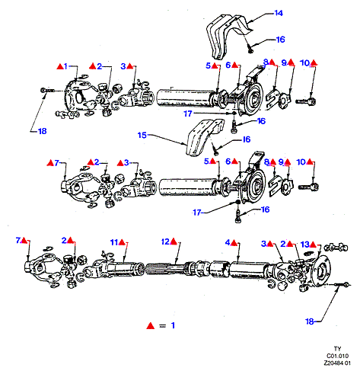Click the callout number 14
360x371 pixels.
pyautogui.click(x=279, y=13)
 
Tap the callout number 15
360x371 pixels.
pyautogui.click(x=142, y=135)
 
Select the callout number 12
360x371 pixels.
pyautogui.click(x=165, y=241)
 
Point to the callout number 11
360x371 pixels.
pyautogui.click(x=114, y=242)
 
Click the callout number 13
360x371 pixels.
pyautogui.click(x=305, y=245)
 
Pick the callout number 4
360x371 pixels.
pyautogui.click(x=228, y=243)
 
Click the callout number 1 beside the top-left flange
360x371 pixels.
pyautogui.click(x=65, y=66)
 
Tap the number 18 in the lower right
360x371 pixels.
pyautogui.click(x=310, y=321)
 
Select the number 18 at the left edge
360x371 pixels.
pyautogui.click(x=43, y=131)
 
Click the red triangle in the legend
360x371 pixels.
pyautogui.click(x=151, y=325)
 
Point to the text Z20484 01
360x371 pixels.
pyautogui.click(x=337, y=363)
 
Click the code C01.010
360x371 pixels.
pyautogui.click(x=337, y=356)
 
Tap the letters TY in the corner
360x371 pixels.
pyautogui.click(x=337, y=349)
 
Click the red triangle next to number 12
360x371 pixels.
pyautogui.click(x=174, y=241)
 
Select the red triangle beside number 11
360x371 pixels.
pyautogui.click(x=122, y=242)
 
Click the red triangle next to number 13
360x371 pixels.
pyautogui.click(x=313, y=245)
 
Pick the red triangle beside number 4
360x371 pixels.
pyautogui.click(x=234, y=243)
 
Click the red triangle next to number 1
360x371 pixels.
pyautogui.click(x=60, y=66)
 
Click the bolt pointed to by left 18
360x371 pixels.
pyautogui.click(x=47, y=90)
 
